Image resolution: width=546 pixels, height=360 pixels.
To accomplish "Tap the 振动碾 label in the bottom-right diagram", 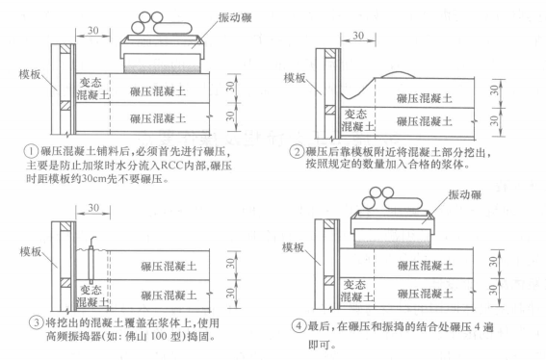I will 492,194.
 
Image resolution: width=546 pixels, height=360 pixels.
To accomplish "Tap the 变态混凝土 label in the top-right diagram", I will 361,122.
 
